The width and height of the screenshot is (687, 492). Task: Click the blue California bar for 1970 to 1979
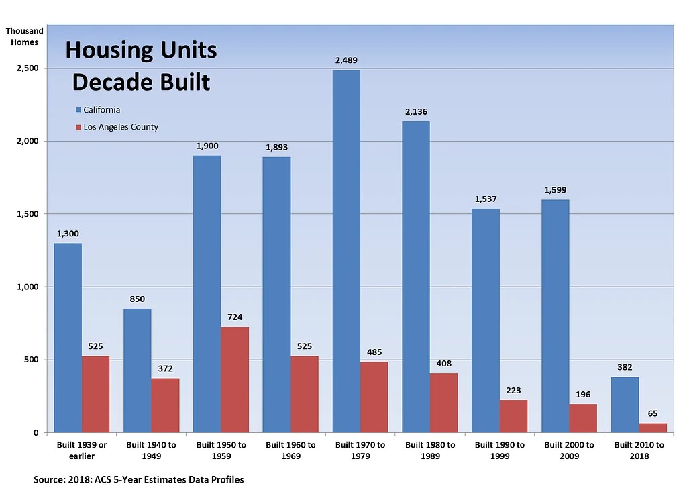coord(346,251)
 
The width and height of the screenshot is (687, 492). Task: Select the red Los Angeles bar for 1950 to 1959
coord(235,379)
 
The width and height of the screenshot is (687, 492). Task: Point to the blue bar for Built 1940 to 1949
coord(138,370)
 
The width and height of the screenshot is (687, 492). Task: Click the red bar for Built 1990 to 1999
coord(513,416)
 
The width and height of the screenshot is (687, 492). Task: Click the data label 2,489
coord(346,60)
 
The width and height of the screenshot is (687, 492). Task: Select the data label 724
coord(235,317)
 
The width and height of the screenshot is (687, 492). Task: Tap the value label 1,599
coord(555,190)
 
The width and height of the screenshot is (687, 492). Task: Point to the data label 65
coord(653,413)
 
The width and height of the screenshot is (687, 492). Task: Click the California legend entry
coord(101,110)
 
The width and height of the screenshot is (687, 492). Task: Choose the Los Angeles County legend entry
coord(120,127)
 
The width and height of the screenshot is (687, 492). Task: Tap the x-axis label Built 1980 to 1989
coord(430,450)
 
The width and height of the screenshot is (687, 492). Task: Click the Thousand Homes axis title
coord(25,36)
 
